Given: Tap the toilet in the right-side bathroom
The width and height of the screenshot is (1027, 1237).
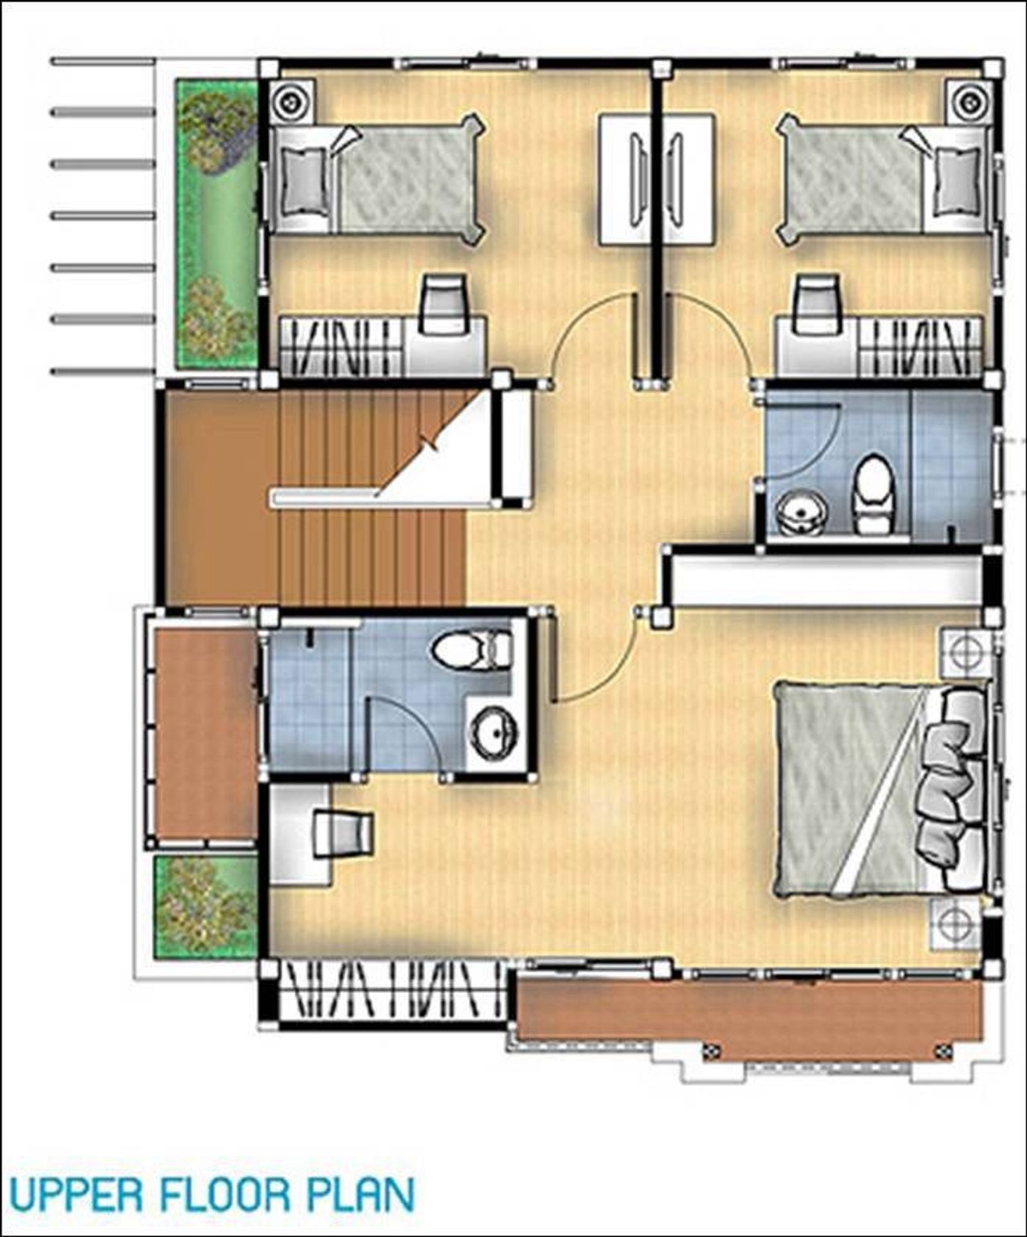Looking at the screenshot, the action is (x=872, y=494).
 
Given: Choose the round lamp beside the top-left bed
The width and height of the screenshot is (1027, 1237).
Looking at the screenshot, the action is (x=290, y=102).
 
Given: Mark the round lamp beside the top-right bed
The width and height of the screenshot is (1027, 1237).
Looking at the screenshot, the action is (x=969, y=102).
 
